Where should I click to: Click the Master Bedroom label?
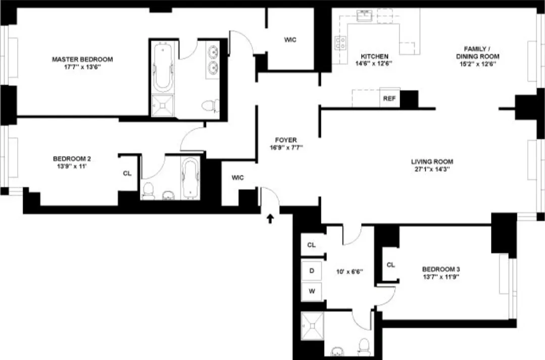82,59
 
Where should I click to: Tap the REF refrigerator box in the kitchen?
389,99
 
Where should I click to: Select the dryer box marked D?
312,271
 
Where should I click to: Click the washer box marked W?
312,291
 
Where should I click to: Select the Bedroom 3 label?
441,269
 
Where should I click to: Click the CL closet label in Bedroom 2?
127,173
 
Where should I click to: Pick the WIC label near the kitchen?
290,40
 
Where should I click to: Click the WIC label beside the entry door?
238,177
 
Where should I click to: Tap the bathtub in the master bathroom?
163,68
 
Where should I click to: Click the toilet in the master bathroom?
210,106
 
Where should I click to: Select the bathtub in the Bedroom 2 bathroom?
190,177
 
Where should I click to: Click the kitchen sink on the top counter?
365,17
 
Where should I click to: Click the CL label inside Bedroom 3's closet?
390,265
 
